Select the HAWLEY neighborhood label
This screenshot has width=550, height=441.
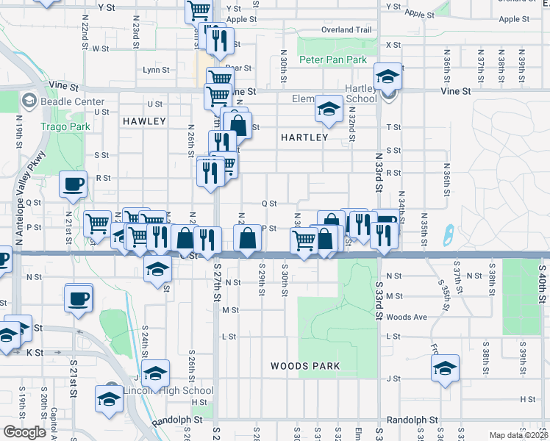point(144,121)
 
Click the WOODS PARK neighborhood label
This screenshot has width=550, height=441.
point(304,365)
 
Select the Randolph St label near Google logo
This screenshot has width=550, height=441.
point(177,420)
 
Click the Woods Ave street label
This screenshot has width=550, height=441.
point(406,317)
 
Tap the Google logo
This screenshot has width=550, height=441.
point(24,431)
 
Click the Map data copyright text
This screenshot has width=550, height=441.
point(518,435)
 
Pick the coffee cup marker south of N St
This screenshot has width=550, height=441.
point(78,298)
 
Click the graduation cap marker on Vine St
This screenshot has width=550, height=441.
point(386,76)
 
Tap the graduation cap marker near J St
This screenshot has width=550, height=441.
point(445,368)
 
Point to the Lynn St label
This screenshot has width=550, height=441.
point(157,70)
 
